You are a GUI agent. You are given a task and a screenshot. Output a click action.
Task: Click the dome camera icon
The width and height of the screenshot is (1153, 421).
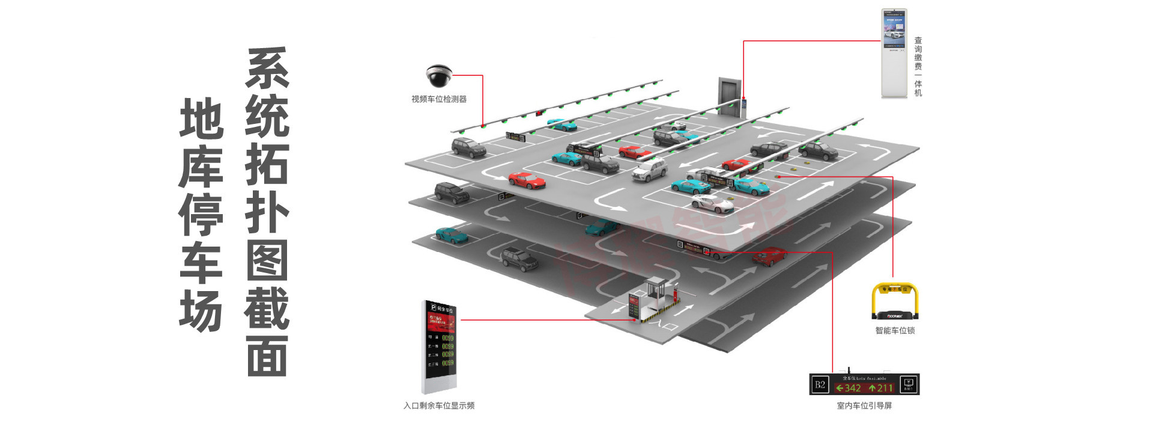pyautogui.click(x=439, y=76)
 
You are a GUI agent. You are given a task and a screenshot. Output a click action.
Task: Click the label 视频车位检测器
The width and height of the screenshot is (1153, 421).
pyautogui.click(x=438, y=99)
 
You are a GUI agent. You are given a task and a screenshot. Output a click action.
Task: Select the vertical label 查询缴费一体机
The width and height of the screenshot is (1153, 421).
pyautogui.click(x=918, y=66)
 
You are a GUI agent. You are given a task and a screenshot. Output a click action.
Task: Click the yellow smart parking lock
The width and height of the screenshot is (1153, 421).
pyautogui.click(x=895, y=301)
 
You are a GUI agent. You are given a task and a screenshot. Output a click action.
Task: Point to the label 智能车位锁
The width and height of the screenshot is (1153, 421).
pyautogui.click(x=895, y=330)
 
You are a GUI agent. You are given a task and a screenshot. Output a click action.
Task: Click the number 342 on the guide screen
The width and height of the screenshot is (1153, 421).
pyautogui.click(x=849, y=388)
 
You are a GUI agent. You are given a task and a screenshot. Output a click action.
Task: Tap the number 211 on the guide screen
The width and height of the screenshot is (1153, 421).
pyautogui.click(x=882, y=388)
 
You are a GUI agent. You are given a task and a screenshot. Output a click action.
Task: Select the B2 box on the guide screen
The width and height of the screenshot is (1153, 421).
pyautogui.click(x=820, y=385)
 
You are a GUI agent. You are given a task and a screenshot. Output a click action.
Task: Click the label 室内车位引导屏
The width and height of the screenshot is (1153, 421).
pyautogui.click(x=864, y=406)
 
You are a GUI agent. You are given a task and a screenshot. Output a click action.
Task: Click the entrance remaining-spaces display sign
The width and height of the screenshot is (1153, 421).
pyautogui.click(x=440, y=346)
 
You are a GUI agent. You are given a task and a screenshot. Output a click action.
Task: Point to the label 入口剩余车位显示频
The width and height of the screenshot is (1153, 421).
pyautogui.click(x=438, y=406)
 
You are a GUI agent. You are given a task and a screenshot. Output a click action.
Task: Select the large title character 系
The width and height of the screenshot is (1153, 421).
pyautogui.click(x=267, y=68)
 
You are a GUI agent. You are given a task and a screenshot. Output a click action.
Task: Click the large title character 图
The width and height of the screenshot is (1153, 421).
pyautogui.click(x=267, y=260)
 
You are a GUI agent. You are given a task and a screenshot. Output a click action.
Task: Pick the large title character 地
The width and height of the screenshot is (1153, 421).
pyautogui.click(x=201, y=118)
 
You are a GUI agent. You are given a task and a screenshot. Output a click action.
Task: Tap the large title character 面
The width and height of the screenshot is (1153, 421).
pyautogui.click(x=267, y=356)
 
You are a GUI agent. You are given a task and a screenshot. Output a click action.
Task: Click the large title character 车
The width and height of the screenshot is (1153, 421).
pyautogui.click(x=201, y=263)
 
